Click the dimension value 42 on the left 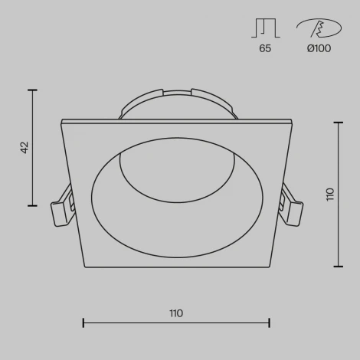(x=25, y=147)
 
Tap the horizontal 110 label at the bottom (x=176, y=313)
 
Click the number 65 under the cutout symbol (x=265, y=48)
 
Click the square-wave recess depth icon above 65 (x=264, y=28)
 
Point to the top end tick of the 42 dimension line (x=32, y=90)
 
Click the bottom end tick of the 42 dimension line (x=32, y=205)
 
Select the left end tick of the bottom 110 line (x=83, y=322)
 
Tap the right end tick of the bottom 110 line (x=269, y=322)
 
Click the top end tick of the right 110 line (x=338, y=120)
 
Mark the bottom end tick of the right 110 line (x=338, y=266)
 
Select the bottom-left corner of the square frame (x=85, y=266)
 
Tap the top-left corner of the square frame (x=61, y=121)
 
